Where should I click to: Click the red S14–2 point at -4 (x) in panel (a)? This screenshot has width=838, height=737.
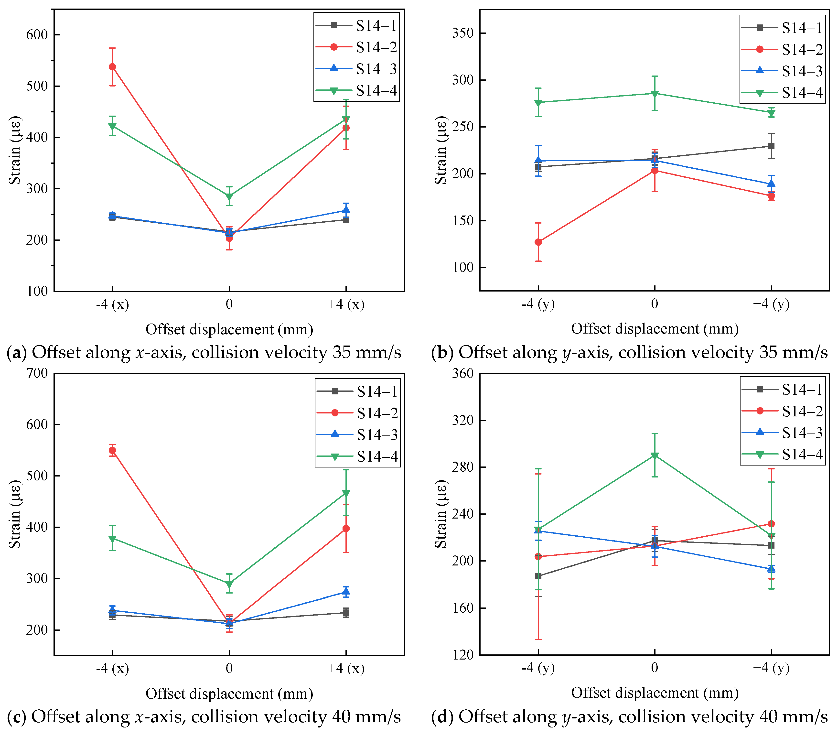[112, 67]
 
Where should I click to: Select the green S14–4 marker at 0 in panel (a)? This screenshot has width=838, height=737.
[229, 197]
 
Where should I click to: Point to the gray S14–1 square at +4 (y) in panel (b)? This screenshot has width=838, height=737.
[771, 146]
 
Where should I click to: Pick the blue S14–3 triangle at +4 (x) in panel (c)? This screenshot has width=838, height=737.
[346, 591]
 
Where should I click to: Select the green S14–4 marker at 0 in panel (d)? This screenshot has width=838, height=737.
[655, 456]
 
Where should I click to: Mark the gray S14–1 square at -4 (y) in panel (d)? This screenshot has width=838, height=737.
[538, 576]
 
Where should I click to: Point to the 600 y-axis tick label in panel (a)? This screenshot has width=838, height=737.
[37, 35]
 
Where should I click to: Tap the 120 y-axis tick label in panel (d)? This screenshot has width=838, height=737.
[463, 655]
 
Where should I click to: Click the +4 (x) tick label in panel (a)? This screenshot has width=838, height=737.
[346, 304]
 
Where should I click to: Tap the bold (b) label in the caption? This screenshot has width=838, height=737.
[442, 353]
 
